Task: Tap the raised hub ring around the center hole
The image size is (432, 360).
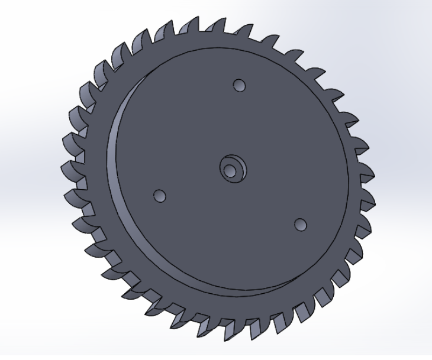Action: pos(236,163)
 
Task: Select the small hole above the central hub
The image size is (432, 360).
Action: pos(240,86)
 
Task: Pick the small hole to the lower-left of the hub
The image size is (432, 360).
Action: pos(159,196)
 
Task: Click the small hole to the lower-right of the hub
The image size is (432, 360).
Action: pos(301,225)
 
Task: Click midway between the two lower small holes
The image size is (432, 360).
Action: pos(230,210)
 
